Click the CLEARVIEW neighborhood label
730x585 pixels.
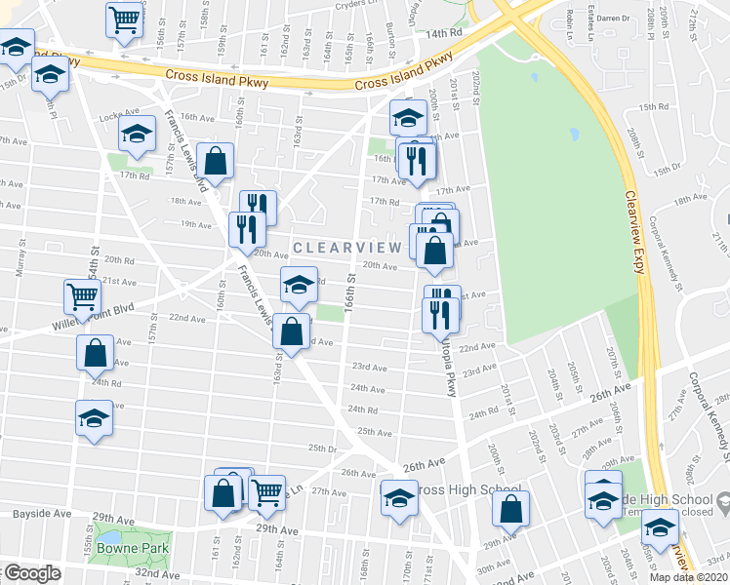(x=346, y=248)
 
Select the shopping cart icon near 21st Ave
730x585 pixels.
(x=83, y=294)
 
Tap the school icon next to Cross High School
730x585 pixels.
(x=399, y=498)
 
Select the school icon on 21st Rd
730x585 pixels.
(x=300, y=284)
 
